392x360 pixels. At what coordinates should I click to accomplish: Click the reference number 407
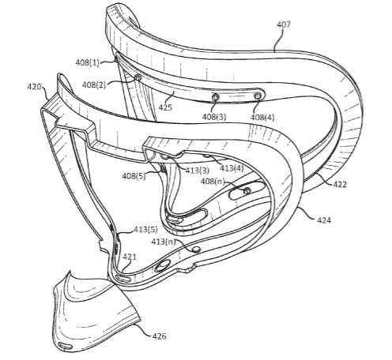[284, 24]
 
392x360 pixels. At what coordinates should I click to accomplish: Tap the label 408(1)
[88, 62]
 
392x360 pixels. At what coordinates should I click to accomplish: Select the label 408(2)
[94, 85]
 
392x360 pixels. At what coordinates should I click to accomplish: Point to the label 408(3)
[214, 117]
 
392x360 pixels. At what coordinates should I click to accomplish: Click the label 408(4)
[262, 117]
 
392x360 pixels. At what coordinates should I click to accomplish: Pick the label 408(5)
[134, 176]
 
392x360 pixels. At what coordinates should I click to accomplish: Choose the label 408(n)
[213, 182]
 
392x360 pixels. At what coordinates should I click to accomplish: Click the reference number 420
[35, 87]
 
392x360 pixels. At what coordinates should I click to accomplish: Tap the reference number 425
[165, 107]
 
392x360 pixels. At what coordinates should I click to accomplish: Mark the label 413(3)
[198, 171]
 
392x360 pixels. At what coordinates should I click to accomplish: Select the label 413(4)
[232, 167]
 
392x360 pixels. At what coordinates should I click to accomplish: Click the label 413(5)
[145, 230]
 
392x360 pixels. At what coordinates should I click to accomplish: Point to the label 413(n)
[164, 242]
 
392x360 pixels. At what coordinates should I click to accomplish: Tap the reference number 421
[130, 257]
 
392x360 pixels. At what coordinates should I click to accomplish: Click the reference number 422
[340, 185]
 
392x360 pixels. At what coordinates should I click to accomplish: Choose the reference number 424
[324, 219]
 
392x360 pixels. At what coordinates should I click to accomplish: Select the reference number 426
[159, 336]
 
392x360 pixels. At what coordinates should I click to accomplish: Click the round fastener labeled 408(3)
[215, 97]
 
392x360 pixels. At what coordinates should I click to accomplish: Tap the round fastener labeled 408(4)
[258, 96]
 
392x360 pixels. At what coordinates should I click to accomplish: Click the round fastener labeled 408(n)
[247, 191]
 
